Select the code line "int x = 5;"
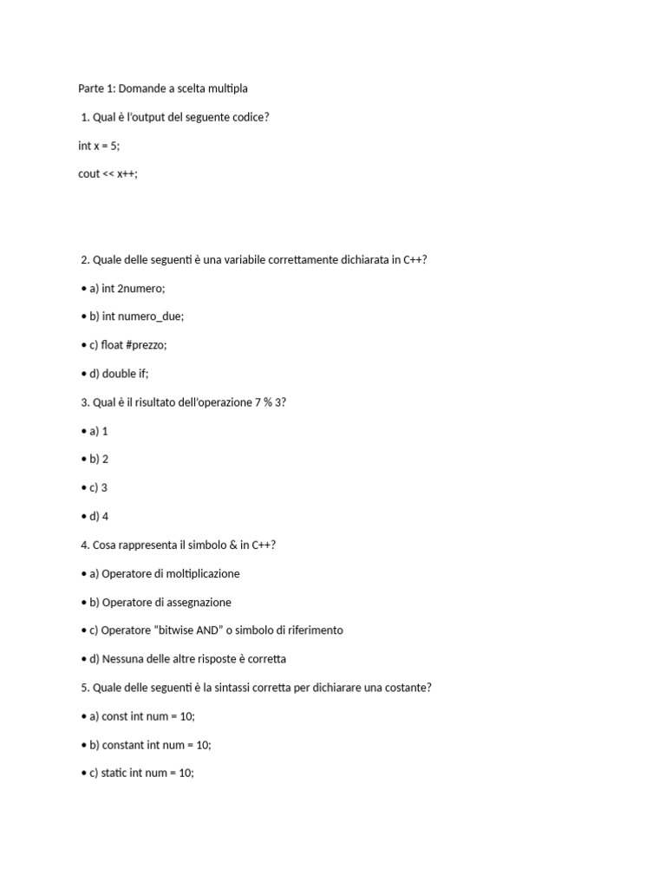(x=99, y=146)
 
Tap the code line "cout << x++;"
(x=108, y=173)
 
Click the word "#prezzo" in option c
(x=147, y=345)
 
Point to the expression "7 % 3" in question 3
(x=269, y=402)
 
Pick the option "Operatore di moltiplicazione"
(x=170, y=573)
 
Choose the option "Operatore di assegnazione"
(x=166, y=602)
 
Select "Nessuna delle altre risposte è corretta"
(x=193, y=659)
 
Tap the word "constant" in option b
(x=122, y=745)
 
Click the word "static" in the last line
(x=114, y=774)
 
